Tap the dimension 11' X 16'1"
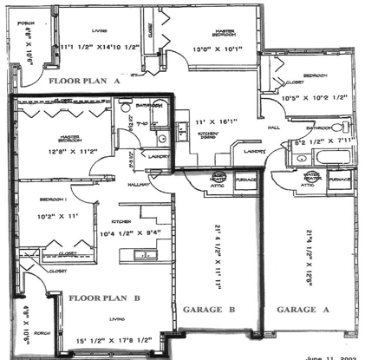coord(219,123)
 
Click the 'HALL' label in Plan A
coord(274,127)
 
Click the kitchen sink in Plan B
coord(144,253)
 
